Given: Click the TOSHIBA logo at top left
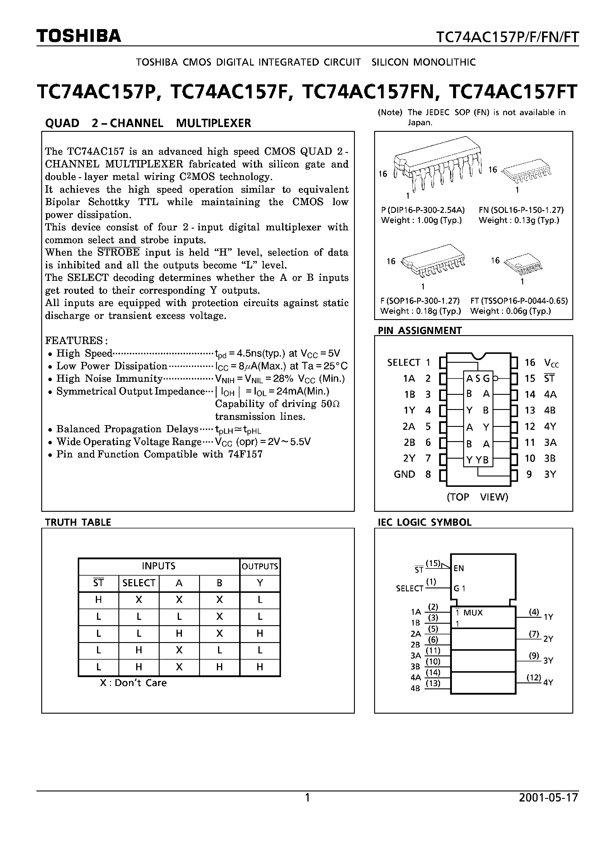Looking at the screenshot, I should pos(79,36).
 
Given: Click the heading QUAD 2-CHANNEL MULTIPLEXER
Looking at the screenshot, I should pos(148,123).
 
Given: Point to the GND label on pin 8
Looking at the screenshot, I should pos(404,474).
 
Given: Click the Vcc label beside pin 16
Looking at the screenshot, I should pos(551,363).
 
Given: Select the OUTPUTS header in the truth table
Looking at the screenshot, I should pos(260,566).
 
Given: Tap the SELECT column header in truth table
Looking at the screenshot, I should pos(139,583).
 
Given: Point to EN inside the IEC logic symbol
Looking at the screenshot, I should pos(458,568).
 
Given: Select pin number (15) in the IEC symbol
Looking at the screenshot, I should pos(433,563).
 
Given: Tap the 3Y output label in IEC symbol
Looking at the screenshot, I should pos(548,660).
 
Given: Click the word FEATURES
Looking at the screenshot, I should pos(76,340).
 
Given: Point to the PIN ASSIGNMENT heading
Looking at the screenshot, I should pos(420,330).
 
